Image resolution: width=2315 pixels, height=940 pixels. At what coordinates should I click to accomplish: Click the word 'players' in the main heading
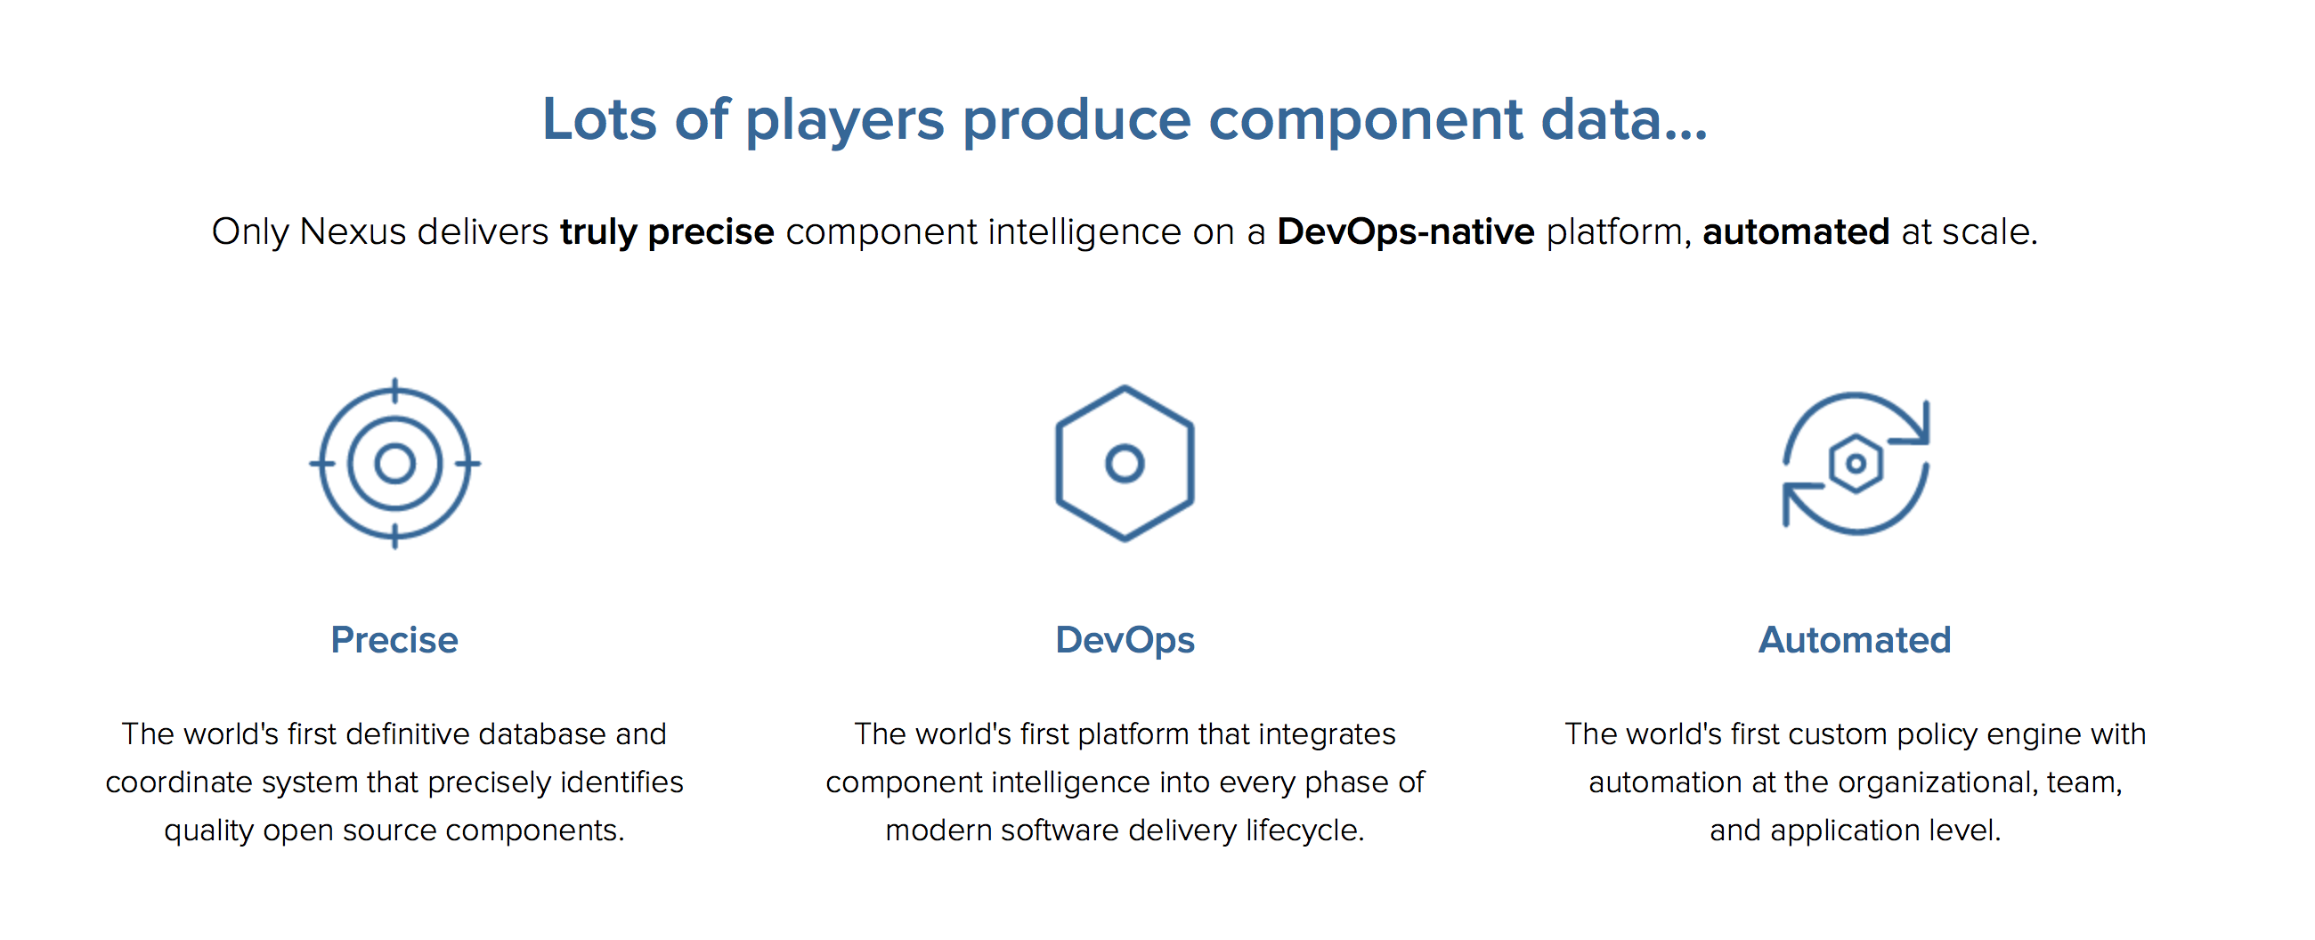(844, 121)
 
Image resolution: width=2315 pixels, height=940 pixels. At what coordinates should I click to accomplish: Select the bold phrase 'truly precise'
(667, 232)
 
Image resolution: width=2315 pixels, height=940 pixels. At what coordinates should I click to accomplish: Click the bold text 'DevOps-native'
(1406, 232)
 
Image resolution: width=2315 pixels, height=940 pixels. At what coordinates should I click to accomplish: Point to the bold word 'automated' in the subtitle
(1796, 231)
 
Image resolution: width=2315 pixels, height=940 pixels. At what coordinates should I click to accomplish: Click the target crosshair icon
(394, 464)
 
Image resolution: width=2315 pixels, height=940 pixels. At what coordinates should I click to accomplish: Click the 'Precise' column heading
(394, 640)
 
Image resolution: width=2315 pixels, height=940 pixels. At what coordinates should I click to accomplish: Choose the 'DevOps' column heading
(1125, 641)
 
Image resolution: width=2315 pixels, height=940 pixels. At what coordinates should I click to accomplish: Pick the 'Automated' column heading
(1855, 640)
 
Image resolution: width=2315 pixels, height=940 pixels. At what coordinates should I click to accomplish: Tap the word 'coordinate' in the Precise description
(179, 782)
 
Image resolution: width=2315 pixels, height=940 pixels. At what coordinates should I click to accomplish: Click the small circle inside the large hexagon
(1125, 464)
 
